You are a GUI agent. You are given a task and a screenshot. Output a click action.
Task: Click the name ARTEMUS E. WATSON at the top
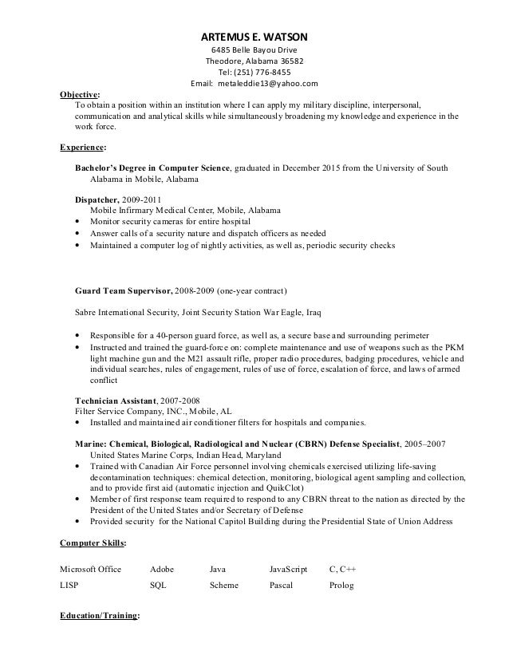point(254,37)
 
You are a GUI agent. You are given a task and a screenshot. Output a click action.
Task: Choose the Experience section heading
point(83,148)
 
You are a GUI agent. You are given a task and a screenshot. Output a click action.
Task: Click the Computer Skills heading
point(93,543)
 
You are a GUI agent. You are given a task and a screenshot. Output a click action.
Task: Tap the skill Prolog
point(341,586)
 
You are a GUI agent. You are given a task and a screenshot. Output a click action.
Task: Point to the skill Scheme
point(223,586)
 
